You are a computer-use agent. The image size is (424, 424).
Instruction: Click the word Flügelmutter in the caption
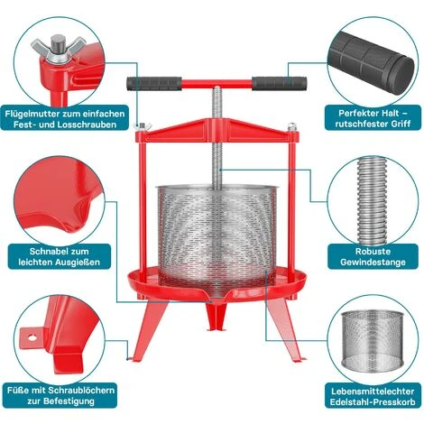point(32,114)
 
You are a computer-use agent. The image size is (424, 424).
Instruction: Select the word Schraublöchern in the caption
point(81,391)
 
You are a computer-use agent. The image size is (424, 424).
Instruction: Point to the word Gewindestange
point(373,262)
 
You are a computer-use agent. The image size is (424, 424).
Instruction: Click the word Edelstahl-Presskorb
point(373,402)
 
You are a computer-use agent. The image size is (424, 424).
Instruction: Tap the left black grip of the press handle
point(154,84)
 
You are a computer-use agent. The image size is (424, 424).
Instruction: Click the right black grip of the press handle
point(280,83)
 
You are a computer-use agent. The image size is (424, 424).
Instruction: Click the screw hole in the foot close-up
point(32,337)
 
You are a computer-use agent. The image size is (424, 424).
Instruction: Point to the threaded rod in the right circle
point(373,200)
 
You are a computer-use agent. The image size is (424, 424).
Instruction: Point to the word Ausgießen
point(77,262)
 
